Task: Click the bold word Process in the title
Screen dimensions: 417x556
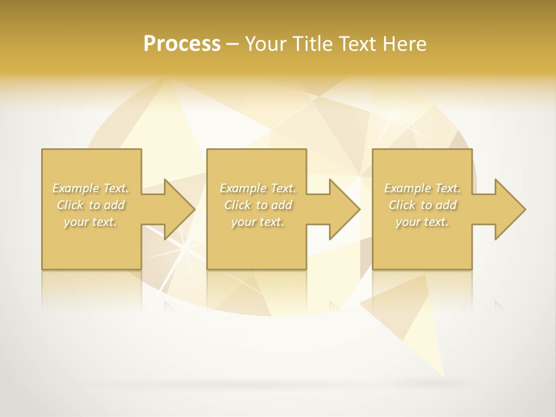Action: point(182,44)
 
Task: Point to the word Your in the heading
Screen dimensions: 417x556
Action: point(265,44)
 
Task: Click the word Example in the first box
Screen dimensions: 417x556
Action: point(76,188)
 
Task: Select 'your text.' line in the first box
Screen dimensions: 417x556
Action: point(90,222)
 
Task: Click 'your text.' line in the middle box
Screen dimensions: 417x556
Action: point(258,222)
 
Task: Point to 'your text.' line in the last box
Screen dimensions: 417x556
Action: point(422,222)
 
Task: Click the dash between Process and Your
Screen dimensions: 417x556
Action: point(233,45)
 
